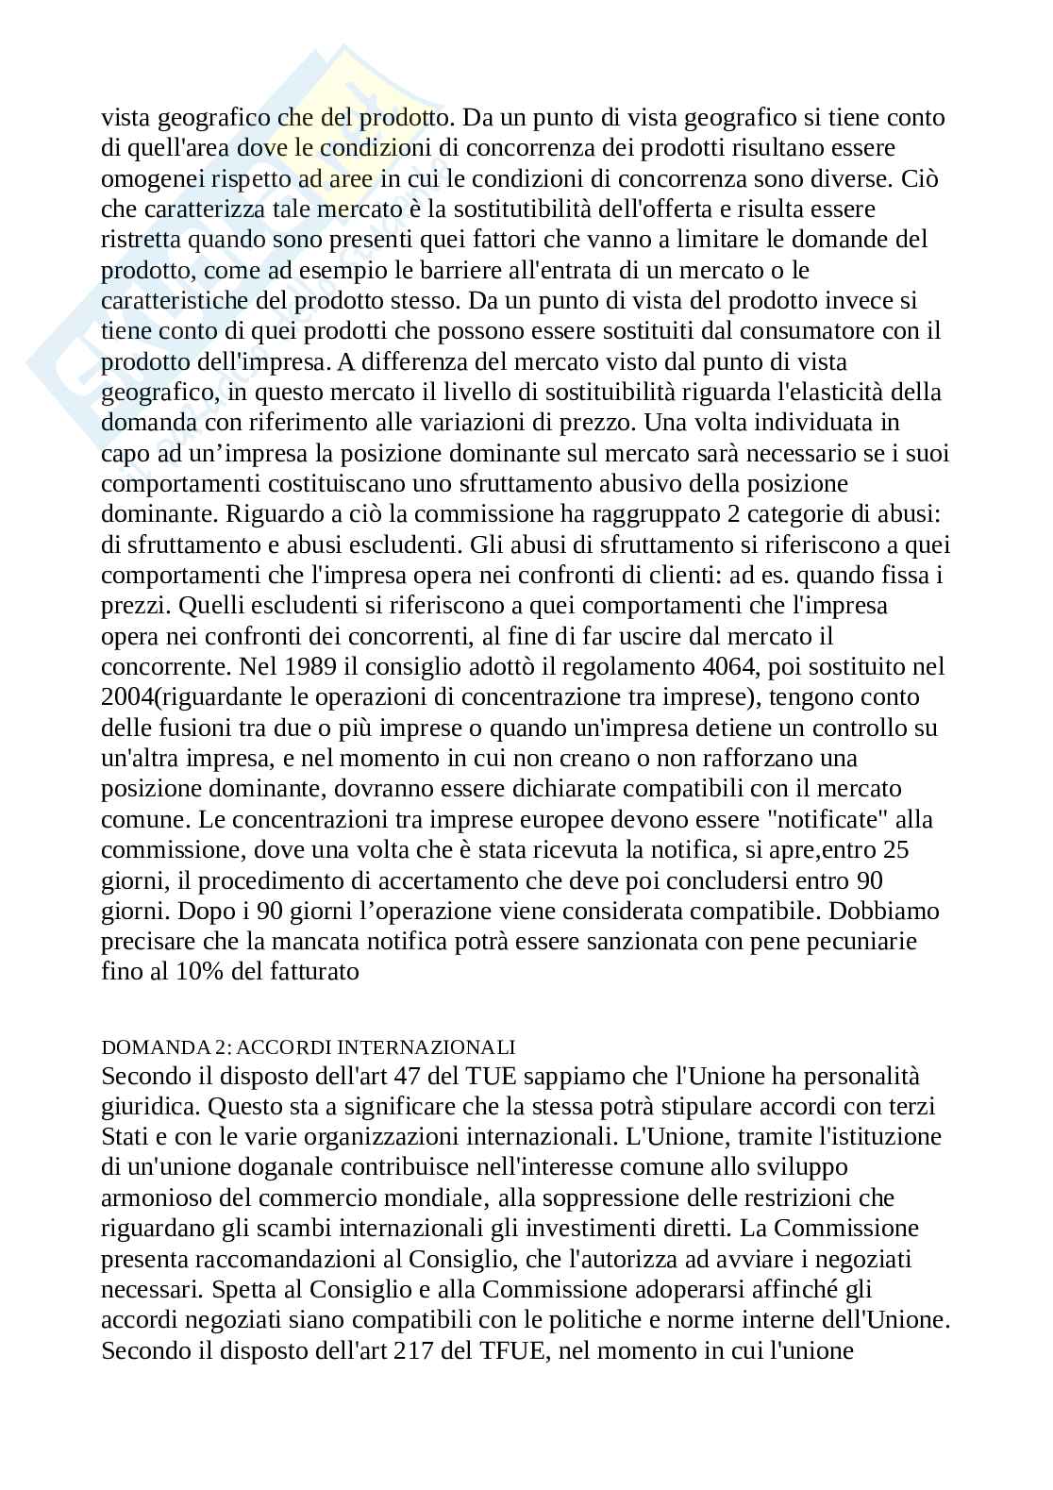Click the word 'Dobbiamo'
pos(879,911)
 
